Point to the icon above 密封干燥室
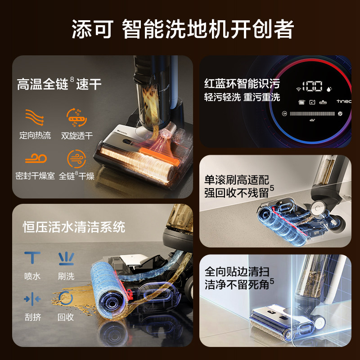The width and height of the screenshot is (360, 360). tap(35, 159)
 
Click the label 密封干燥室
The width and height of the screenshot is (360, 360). tap(35, 176)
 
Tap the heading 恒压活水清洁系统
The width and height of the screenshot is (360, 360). tap(74, 226)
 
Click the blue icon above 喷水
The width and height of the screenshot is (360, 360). tap(32, 258)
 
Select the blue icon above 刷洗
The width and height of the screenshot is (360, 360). tap(66, 258)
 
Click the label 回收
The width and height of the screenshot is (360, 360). tap(66, 317)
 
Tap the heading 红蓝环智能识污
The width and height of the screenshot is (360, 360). tap(242, 84)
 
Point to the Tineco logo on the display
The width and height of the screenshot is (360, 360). tap(343, 102)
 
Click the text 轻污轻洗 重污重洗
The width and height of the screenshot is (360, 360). tap(242, 97)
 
